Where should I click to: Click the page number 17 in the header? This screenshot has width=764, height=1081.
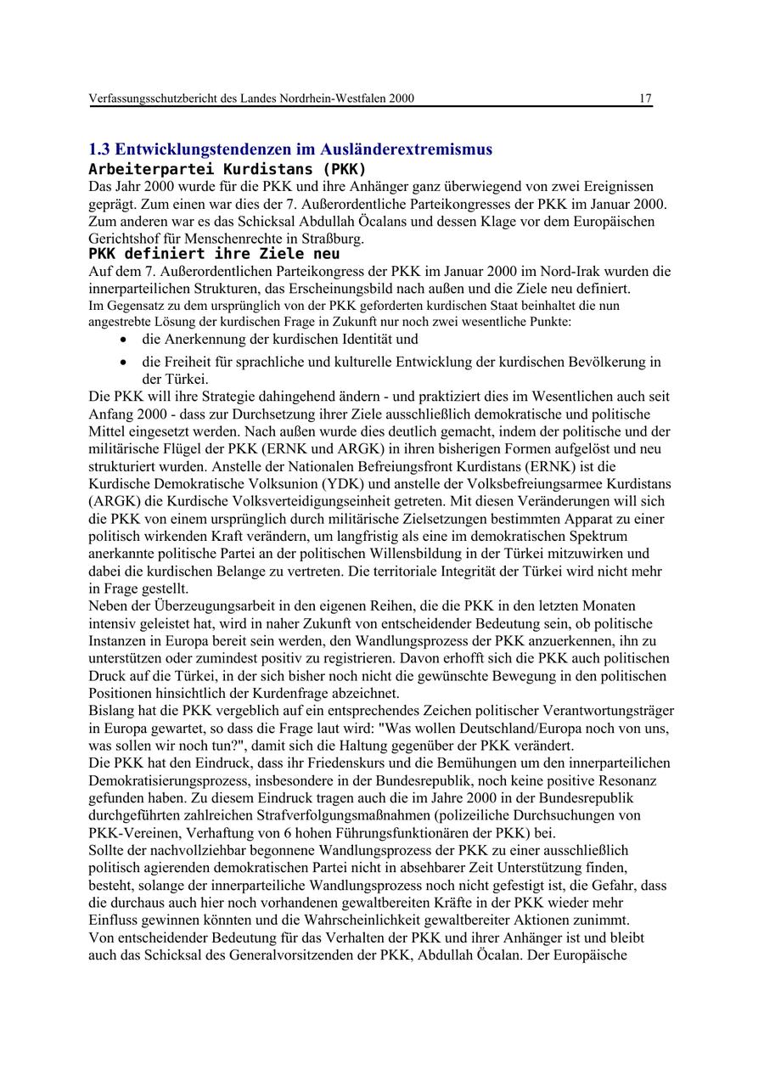click(645, 99)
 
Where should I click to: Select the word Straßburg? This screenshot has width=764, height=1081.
click(334, 239)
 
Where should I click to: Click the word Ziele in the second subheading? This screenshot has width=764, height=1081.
click(268, 254)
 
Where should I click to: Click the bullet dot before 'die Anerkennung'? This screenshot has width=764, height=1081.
click(125, 340)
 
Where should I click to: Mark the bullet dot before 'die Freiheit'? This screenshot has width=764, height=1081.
click(125, 363)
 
